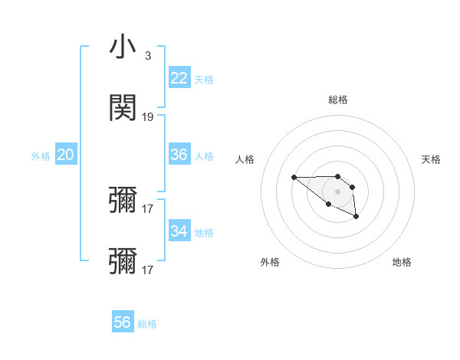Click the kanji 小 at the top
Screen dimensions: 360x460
pyautogui.click(x=123, y=47)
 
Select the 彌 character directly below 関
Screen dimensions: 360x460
pyautogui.click(x=123, y=201)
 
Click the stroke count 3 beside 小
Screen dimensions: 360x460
pyautogui.click(x=147, y=56)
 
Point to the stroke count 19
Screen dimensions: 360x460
pyautogui.click(x=148, y=117)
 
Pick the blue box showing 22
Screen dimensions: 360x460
pyautogui.click(x=179, y=78)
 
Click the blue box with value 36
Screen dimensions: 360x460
pyautogui.click(x=179, y=155)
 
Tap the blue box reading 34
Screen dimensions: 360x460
pyautogui.click(x=179, y=231)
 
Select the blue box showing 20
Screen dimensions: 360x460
pyautogui.click(x=65, y=155)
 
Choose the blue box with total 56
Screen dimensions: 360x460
pyautogui.click(x=123, y=322)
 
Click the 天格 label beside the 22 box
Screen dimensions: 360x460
pyautogui.click(x=204, y=80)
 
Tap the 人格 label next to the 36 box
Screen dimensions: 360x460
pyautogui.click(x=204, y=156)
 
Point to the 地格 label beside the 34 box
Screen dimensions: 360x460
pyautogui.click(x=204, y=233)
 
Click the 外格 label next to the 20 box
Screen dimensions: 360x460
pyautogui.click(x=41, y=156)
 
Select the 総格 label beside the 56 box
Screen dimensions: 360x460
pyautogui.click(x=147, y=324)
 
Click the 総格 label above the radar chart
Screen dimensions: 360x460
pyautogui.click(x=337, y=100)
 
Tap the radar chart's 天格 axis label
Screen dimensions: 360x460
pyautogui.click(x=432, y=159)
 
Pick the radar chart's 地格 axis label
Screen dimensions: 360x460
pyautogui.click(x=402, y=262)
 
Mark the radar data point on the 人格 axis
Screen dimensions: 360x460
pyautogui.click(x=294, y=178)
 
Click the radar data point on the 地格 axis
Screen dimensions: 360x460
pyautogui.click(x=356, y=218)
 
